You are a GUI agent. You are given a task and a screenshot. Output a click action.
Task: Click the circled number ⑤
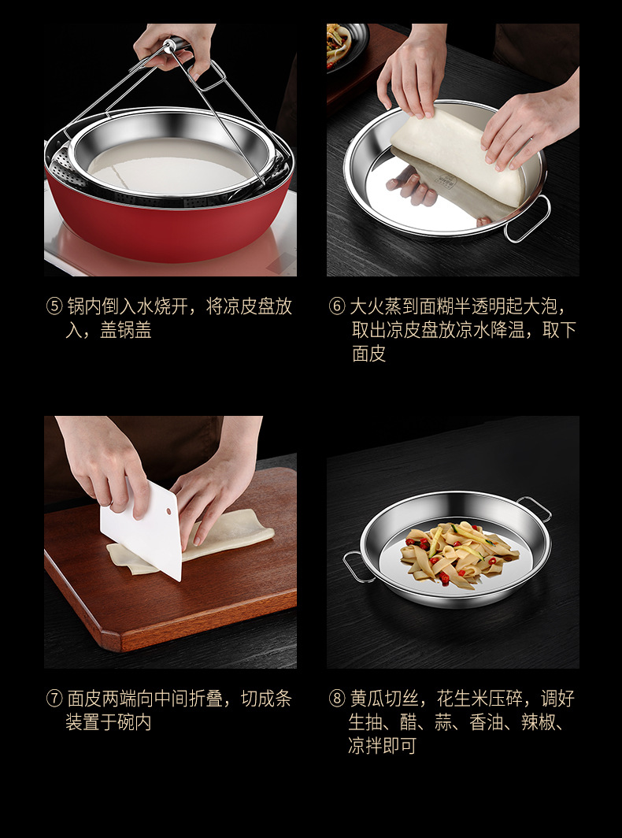54,307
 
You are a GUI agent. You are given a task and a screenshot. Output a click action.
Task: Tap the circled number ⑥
337,307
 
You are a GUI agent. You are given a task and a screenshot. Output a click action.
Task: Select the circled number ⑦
54,699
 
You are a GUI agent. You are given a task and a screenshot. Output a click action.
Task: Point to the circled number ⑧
337,699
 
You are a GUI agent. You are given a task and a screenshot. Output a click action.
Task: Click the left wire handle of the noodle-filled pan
354,566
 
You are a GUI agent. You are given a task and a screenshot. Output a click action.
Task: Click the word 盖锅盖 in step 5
125,330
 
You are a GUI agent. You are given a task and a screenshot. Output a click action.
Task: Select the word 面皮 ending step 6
368,354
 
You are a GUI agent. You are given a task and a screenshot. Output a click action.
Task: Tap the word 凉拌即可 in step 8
382,746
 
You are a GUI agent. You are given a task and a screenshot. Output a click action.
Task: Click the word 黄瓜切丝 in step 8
383,699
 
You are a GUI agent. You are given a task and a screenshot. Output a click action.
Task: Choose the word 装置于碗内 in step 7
109,722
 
